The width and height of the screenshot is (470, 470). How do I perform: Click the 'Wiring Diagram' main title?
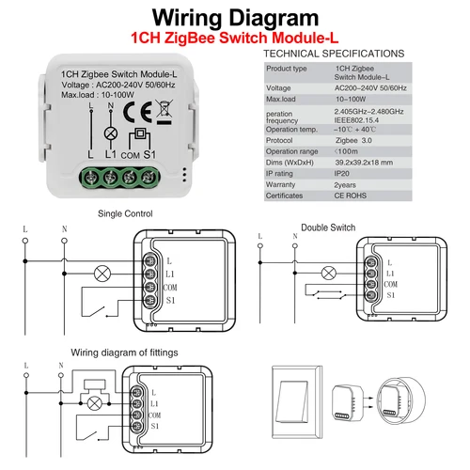[x=235, y=17]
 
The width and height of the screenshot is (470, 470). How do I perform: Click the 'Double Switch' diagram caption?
[x=328, y=226]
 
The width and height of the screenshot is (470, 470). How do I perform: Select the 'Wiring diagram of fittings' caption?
[x=123, y=352]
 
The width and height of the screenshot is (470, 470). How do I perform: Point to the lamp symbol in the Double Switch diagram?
[x=328, y=274]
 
